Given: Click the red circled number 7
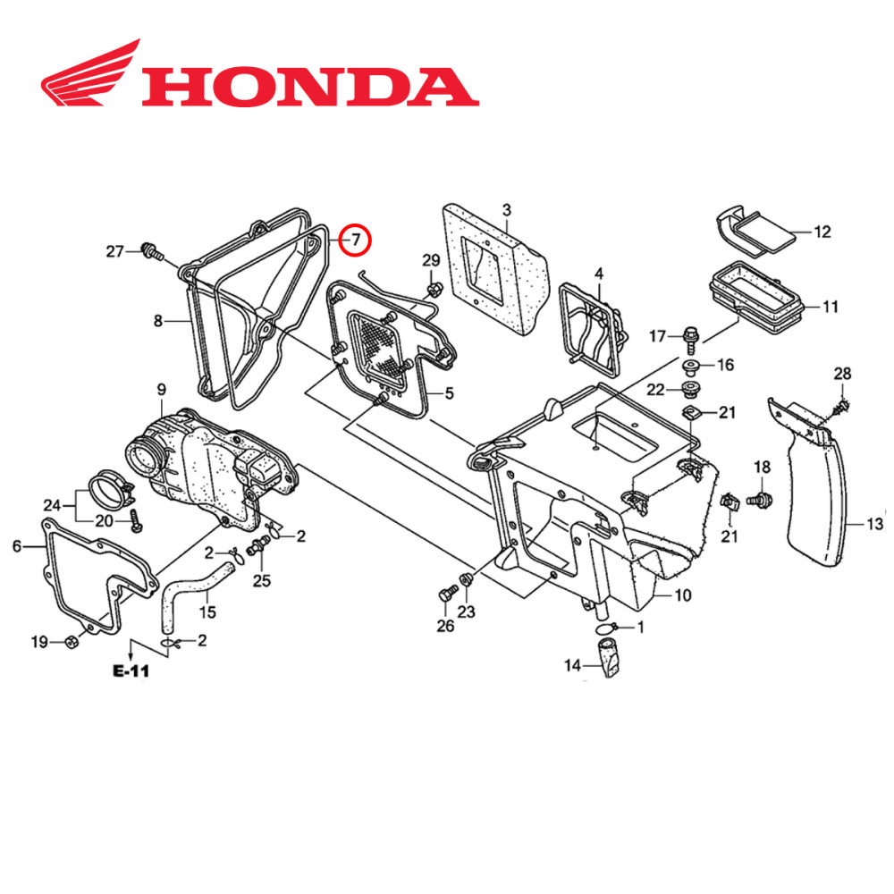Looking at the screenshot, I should pyautogui.click(x=356, y=240).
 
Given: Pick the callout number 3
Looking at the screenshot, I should pyautogui.click(x=506, y=211).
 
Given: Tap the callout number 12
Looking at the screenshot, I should pyautogui.click(x=822, y=232).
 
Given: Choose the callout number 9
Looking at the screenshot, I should pyautogui.click(x=161, y=390).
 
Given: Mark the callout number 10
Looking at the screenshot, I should pyautogui.click(x=682, y=594).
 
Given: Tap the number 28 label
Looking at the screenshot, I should pyautogui.click(x=842, y=373).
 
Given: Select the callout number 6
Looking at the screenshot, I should pyautogui.click(x=16, y=546).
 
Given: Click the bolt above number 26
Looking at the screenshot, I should pyautogui.click(x=446, y=594).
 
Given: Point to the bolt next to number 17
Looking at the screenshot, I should pyautogui.click(x=688, y=337).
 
